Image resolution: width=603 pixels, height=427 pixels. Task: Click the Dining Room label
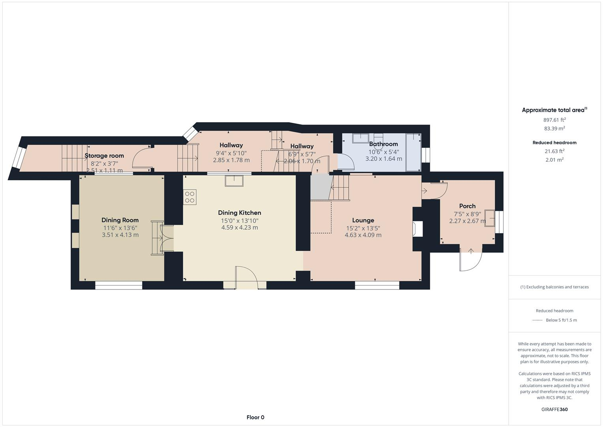pos(120,220)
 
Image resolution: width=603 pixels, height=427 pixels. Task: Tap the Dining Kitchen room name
pos(239,213)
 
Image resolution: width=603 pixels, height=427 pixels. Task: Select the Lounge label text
pos(363,220)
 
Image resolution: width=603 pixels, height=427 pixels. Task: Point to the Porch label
pos(467,206)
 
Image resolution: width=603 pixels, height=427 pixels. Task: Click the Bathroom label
pos(383,144)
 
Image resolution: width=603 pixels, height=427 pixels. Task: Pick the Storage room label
pos(104,156)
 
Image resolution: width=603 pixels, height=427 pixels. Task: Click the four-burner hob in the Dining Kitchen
pos(190,197)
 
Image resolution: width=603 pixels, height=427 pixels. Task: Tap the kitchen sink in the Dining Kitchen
pos(234,181)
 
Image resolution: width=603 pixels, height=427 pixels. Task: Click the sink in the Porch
pos(490,218)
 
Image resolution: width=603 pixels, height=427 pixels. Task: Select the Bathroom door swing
pos(345,161)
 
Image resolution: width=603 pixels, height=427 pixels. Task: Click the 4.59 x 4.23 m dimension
pos(239,228)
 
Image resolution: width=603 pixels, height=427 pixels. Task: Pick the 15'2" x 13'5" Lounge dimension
pos(363,228)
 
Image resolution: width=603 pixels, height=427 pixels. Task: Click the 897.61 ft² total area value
pos(554,120)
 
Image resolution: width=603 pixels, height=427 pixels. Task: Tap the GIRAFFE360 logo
pos(554,410)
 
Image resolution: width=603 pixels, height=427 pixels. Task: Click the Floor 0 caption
pos(255,418)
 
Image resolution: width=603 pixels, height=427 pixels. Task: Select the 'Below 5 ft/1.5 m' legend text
pos(561,320)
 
